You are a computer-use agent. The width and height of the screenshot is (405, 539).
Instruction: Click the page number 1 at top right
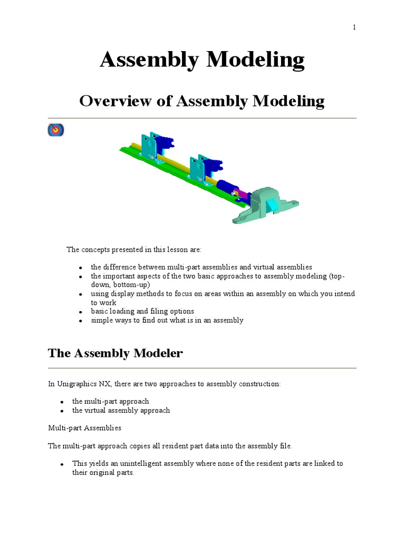(x=354, y=28)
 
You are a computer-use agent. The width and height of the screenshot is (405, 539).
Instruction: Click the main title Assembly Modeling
(x=202, y=61)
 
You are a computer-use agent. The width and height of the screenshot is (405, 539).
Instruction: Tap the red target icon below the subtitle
(x=55, y=130)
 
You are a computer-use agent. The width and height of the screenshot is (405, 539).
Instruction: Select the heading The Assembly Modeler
(x=115, y=353)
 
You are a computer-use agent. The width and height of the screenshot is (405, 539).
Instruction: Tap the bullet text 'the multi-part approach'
(x=110, y=401)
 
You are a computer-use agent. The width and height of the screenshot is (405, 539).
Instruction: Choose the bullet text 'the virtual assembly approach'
(x=121, y=410)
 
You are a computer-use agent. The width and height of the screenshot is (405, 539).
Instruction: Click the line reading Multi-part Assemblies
(x=84, y=428)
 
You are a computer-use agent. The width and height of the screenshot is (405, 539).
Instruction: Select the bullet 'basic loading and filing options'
(x=142, y=311)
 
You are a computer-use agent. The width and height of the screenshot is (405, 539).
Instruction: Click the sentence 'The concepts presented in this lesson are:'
(x=133, y=249)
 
